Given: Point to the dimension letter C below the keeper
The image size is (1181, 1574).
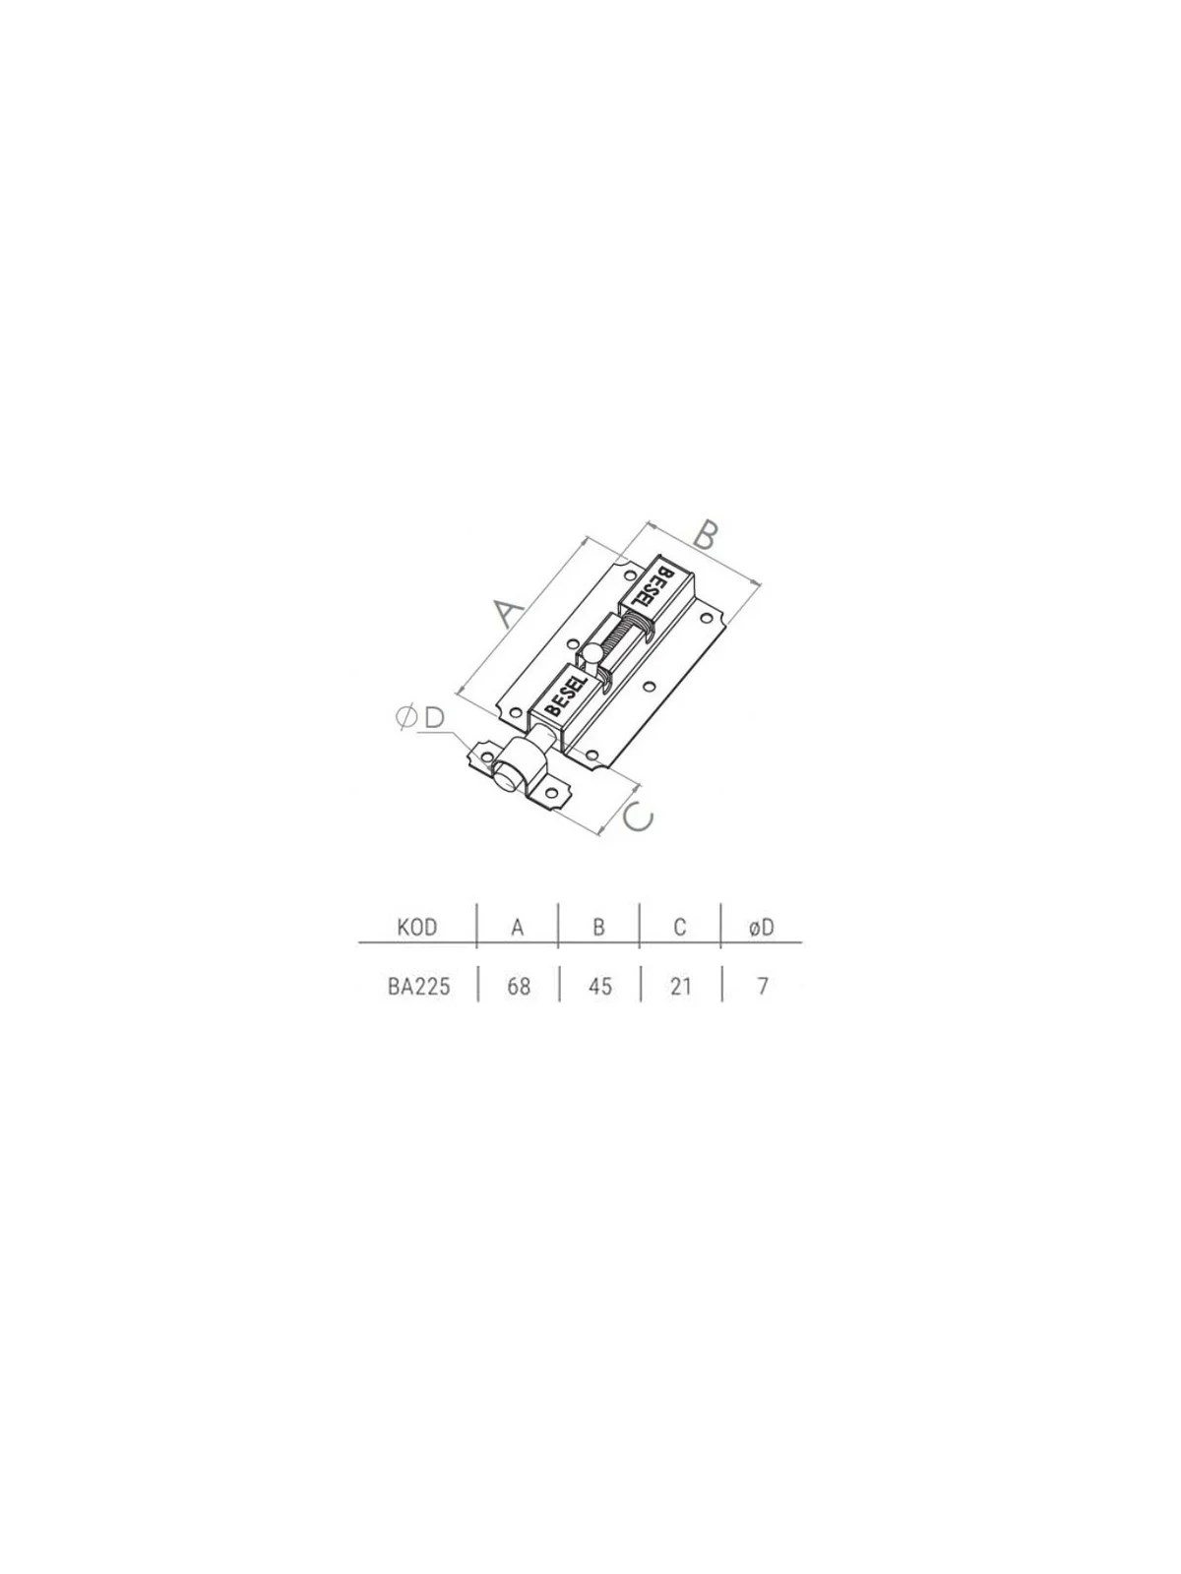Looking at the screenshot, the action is point(638,817).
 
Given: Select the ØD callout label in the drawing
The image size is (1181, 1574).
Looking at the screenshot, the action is point(421,718).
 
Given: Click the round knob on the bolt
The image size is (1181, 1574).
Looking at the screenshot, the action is point(591,653).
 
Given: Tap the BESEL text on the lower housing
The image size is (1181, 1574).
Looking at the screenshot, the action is point(567,695).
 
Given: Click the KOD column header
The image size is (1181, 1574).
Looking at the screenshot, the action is point(416,928).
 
